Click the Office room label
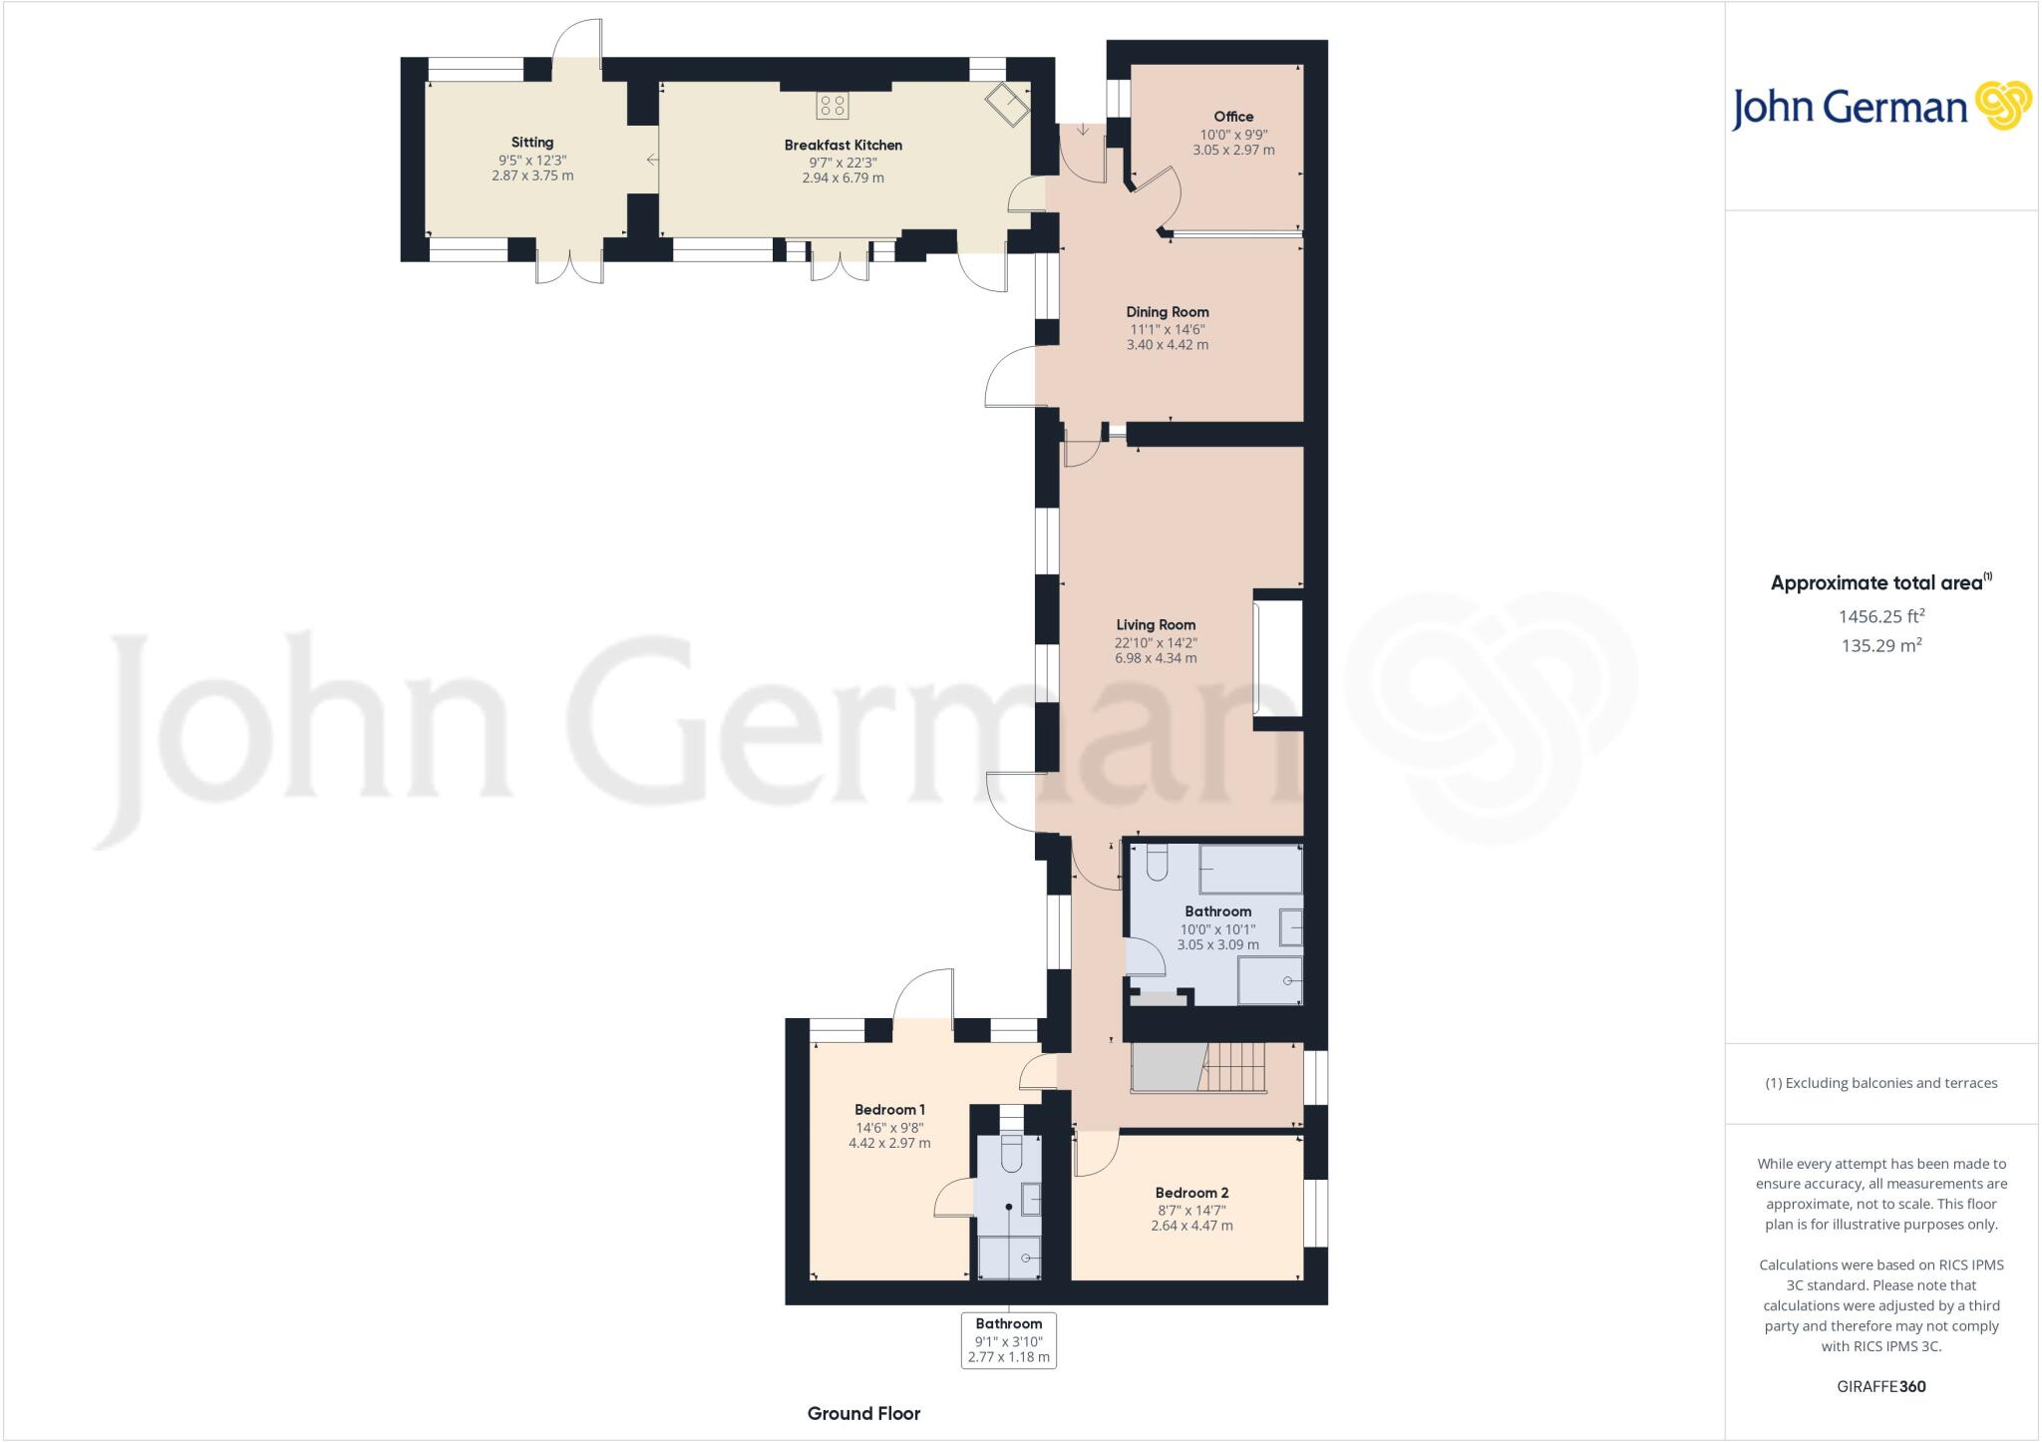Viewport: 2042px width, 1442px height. pos(1233,117)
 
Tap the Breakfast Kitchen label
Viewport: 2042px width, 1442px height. pos(843,146)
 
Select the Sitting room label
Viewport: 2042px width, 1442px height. pos(532,143)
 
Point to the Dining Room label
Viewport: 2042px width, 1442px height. pos(1168,312)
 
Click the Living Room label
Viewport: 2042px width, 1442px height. pos(1156,625)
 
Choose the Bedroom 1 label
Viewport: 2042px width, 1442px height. pos(889,1110)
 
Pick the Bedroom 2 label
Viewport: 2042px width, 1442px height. pos(1191,1193)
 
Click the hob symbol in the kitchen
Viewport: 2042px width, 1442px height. pos(833,105)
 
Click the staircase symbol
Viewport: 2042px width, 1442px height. pos(1234,1068)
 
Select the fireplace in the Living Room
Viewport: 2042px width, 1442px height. pos(1277,658)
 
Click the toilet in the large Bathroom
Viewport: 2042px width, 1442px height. pos(1157,864)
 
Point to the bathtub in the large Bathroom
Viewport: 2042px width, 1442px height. pos(1250,870)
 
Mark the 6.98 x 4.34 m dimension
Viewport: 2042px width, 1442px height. pos(1156,658)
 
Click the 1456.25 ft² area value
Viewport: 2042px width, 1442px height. pos(1880,616)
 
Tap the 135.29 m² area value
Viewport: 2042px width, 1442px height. pos(1880,645)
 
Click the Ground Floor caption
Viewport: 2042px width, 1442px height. pos(863,1413)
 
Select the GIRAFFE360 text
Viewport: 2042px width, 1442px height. pos(1880,1386)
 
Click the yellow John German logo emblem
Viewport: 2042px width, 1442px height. pos(2002,106)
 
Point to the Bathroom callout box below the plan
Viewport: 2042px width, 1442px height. pos(1008,1340)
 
